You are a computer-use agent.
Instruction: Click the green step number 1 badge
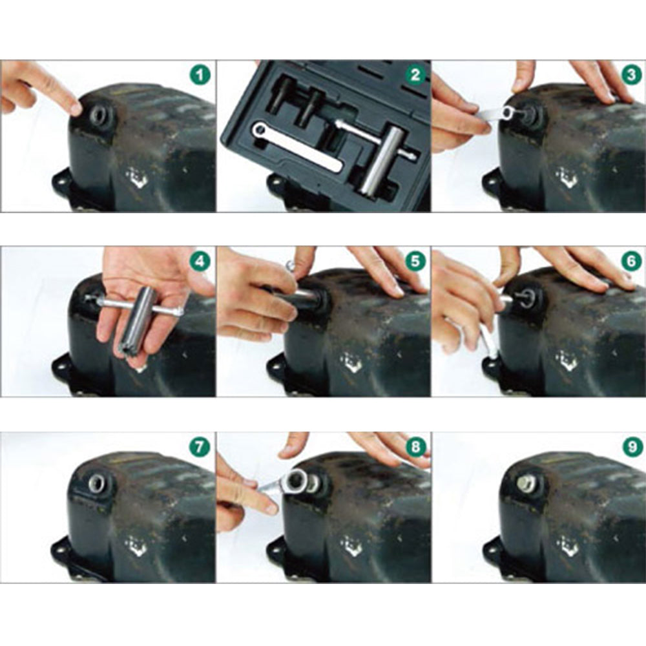pyautogui.click(x=200, y=76)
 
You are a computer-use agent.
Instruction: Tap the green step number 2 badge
pyautogui.click(x=415, y=75)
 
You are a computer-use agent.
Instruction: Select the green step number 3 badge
pyautogui.click(x=631, y=75)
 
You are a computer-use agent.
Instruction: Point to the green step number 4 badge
pyautogui.click(x=200, y=261)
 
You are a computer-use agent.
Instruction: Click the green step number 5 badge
pyautogui.click(x=415, y=261)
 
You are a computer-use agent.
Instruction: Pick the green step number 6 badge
pyautogui.click(x=631, y=261)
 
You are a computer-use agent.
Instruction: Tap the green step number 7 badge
pyautogui.click(x=200, y=447)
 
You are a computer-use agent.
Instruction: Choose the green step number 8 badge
pyautogui.click(x=415, y=447)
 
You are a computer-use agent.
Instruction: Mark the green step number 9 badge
pyautogui.click(x=631, y=447)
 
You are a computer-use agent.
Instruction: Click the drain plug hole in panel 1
pyautogui.click(x=99, y=113)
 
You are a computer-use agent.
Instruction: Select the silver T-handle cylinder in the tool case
pyautogui.click(x=377, y=159)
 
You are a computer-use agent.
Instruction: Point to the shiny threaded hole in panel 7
pyautogui.click(x=98, y=482)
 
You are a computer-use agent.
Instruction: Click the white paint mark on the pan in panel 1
pyautogui.click(x=137, y=177)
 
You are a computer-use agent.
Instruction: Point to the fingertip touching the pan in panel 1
pyautogui.click(x=76, y=108)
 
